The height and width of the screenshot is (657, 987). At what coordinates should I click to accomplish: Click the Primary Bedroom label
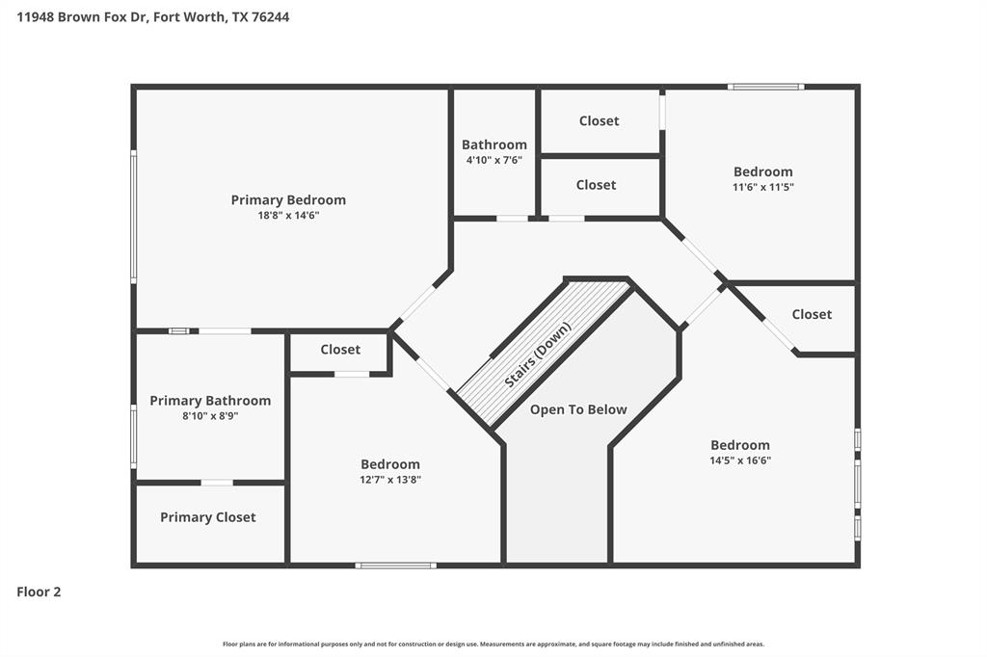(x=288, y=200)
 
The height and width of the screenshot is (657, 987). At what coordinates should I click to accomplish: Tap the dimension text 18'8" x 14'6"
(x=288, y=215)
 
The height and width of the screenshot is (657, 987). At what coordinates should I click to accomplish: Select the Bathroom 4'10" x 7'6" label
(x=494, y=151)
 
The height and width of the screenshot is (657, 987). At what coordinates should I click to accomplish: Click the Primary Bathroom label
(x=210, y=401)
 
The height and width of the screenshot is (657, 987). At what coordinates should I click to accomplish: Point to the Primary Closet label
(x=208, y=517)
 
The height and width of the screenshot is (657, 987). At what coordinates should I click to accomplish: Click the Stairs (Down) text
(x=538, y=355)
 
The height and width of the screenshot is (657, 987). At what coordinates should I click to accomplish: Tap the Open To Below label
(x=578, y=409)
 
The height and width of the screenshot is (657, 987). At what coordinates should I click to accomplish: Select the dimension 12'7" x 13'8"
(x=390, y=480)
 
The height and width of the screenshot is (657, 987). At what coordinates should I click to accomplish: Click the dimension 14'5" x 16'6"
(x=740, y=460)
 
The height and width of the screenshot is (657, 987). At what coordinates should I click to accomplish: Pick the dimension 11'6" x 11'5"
(x=763, y=187)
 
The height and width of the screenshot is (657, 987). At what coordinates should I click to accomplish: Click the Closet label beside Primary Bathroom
(x=340, y=350)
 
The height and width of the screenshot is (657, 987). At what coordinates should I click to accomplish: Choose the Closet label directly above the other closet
(x=600, y=120)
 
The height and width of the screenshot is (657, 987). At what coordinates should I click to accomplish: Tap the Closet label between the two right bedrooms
(x=812, y=314)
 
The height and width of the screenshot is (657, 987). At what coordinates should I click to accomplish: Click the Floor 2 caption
(x=39, y=591)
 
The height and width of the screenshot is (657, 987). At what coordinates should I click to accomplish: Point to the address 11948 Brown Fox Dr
(x=83, y=17)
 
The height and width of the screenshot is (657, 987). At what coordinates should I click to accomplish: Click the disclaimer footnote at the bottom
(x=493, y=644)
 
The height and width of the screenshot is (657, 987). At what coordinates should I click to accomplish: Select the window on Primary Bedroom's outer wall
(x=133, y=216)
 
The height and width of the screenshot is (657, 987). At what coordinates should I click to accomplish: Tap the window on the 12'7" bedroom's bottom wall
(x=395, y=565)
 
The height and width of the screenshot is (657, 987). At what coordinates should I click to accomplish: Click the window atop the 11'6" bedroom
(x=766, y=87)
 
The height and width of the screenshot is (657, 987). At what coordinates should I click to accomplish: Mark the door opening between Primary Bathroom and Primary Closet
(x=217, y=483)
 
